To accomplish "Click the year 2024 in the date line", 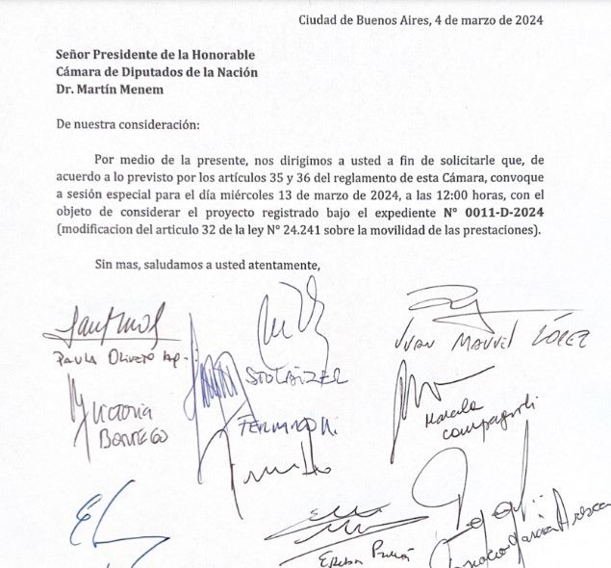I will point(525,20).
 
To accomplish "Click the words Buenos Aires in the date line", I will point(365,20).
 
